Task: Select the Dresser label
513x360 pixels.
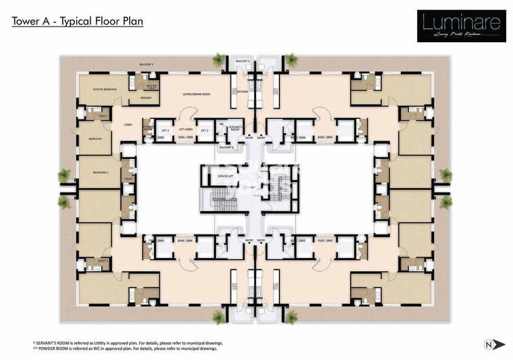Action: coord(145,98)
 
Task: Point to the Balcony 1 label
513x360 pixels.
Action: coord(146,65)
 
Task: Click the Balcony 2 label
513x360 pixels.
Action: coord(243,61)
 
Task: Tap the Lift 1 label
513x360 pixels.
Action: coord(164,129)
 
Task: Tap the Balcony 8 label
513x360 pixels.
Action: coord(226,147)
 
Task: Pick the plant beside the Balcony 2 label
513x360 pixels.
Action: coord(218,60)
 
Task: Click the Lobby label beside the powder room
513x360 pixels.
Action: coord(127,125)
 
